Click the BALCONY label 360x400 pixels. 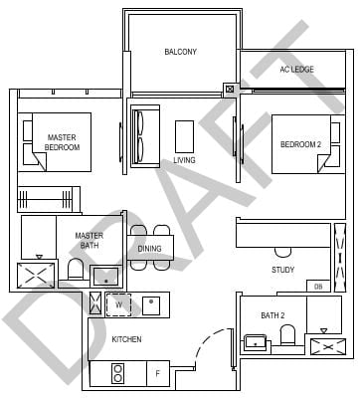coord(180,52)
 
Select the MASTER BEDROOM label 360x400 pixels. coord(62,142)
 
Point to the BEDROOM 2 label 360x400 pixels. coord(301,144)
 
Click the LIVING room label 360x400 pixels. coord(184,160)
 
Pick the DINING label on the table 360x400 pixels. coord(150,249)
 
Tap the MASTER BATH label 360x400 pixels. coord(89,241)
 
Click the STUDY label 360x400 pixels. coord(283,270)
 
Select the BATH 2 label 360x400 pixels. coord(272,316)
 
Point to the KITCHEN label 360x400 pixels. coord(126,340)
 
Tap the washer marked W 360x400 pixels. coord(118,304)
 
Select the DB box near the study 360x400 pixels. coord(318,287)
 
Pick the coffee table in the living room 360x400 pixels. coord(184,134)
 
